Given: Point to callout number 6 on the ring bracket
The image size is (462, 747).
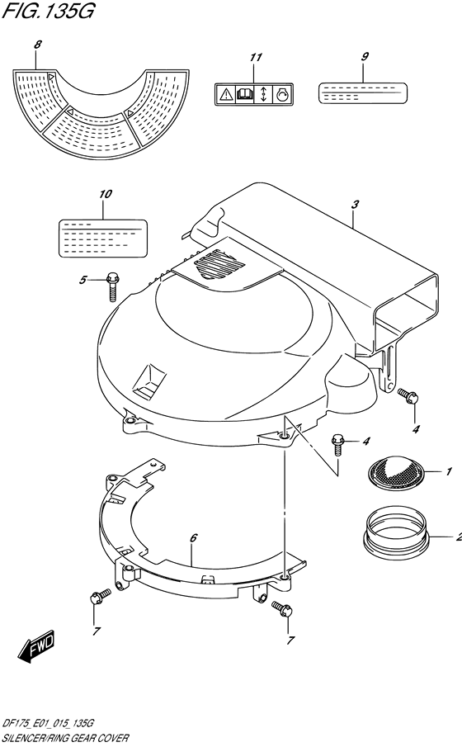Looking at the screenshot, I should (193, 538).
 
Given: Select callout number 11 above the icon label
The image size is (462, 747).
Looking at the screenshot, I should (256, 57).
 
